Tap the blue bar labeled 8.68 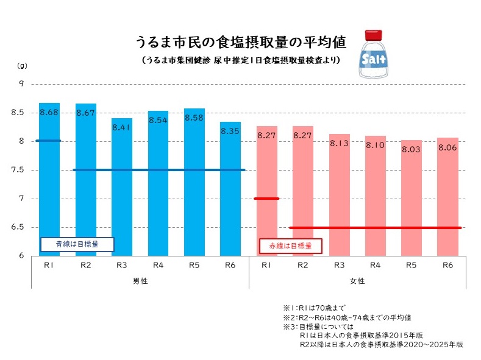[x=49, y=183]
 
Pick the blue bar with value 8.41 [x=121, y=189]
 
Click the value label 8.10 [x=376, y=146]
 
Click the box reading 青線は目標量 [x=77, y=244]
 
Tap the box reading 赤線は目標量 [x=291, y=245]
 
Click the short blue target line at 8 [x=49, y=141]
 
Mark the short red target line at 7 [x=266, y=199]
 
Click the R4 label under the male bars [x=158, y=265]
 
